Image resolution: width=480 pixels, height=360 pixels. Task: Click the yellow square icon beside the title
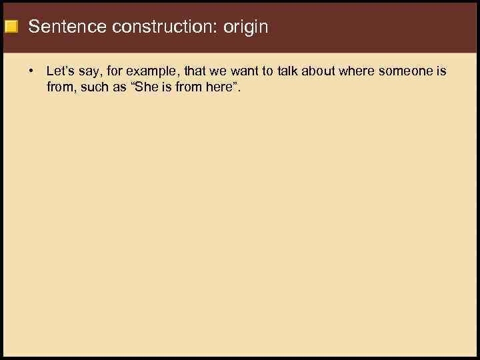(11, 27)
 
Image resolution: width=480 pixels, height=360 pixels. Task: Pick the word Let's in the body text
(61, 71)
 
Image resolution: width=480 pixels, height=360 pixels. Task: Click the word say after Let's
(90, 71)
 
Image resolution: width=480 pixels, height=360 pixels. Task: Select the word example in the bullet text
(153, 71)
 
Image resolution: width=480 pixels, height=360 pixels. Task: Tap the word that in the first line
(194, 71)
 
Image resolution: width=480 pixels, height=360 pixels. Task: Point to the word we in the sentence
(218, 71)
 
